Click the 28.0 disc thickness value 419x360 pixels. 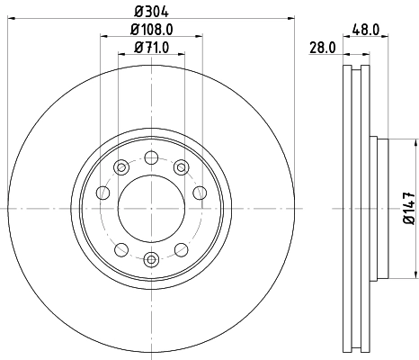(323, 48)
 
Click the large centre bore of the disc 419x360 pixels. (151, 209)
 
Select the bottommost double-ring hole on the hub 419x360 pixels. (151, 260)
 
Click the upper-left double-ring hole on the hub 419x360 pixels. (120, 166)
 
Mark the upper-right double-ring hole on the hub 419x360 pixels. (181, 166)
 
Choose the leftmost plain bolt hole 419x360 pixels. (103, 193)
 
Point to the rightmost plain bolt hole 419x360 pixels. (200, 193)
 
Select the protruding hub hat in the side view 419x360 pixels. (379, 209)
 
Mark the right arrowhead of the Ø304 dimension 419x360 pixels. (292, 18)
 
